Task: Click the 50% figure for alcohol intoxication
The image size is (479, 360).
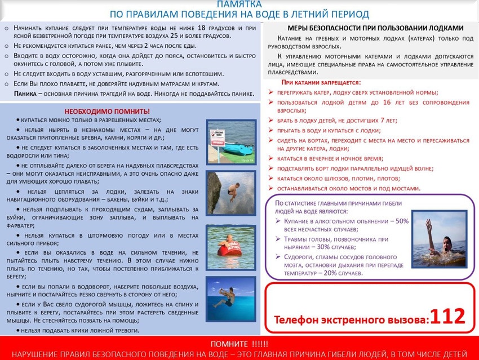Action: [x=402, y=221]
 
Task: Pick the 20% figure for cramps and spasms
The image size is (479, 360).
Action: [x=343, y=273]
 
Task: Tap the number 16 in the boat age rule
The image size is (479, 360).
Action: [x=371, y=102]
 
